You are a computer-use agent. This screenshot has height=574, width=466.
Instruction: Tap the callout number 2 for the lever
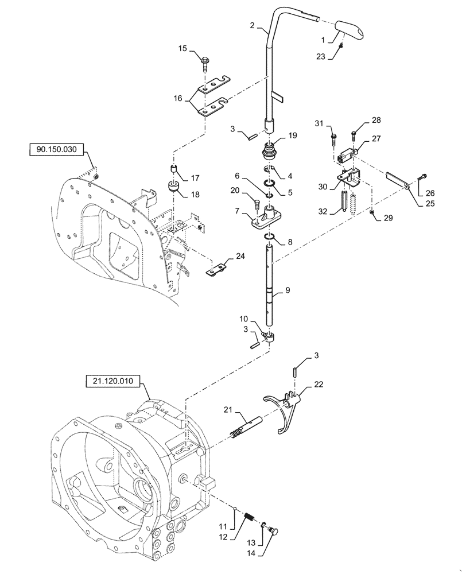pos(253,25)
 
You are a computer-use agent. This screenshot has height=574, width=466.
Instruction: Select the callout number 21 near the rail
pos(227,409)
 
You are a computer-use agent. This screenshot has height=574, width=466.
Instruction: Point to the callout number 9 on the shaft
pos(288,291)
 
